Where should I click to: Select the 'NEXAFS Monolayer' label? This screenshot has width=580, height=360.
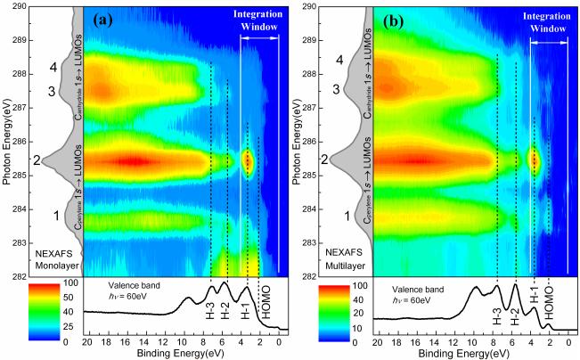(x=57, y=260)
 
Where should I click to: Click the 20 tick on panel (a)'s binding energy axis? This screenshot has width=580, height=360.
(x=86, y=341)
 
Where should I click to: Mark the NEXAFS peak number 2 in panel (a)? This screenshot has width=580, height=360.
(x=37, y=161)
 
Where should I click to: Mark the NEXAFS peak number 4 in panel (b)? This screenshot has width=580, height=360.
(x=337, y=60)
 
